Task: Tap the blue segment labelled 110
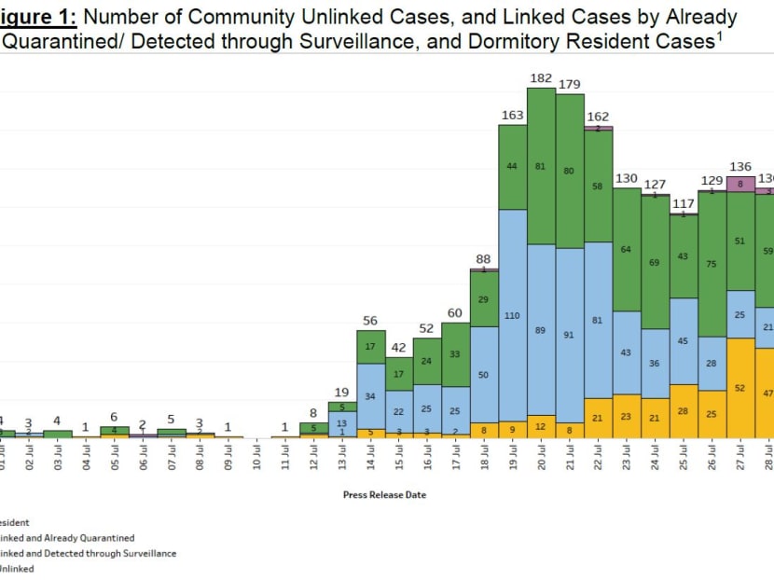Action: tap(512, 315)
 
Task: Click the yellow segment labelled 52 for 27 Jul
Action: tap(740, 388)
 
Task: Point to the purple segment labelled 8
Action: tap(740, 185)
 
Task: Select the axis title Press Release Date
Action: tap(384, 495)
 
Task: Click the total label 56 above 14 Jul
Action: tap(370, 321)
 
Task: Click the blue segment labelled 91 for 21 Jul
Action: tap(570, 336)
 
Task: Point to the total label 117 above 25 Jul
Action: tap(684, 204)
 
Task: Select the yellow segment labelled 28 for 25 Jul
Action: tap(684, 411)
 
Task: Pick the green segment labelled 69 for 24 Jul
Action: tap(656, 263)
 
